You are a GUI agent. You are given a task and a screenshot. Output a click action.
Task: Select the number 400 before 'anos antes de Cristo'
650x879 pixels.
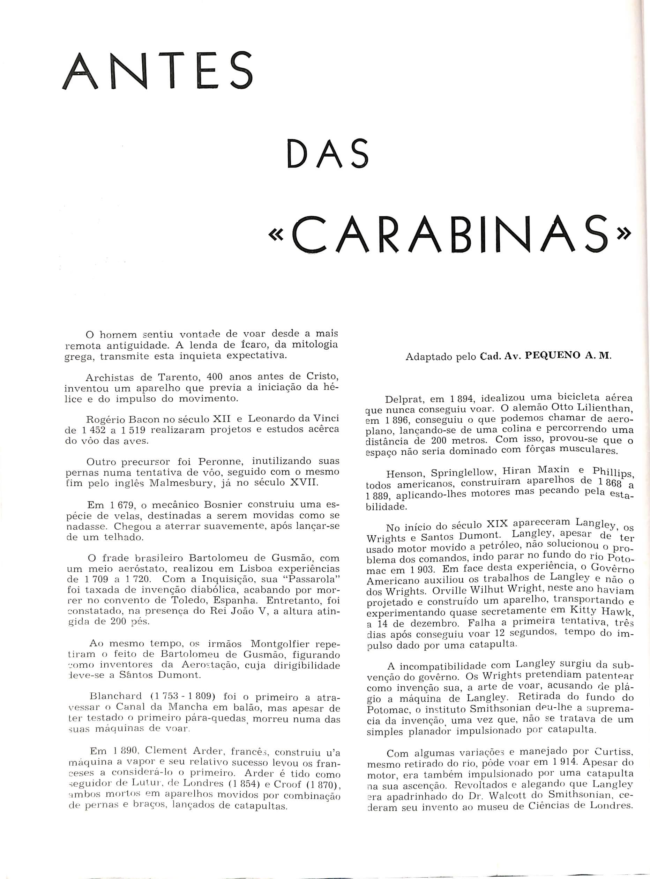(x=215, y=377)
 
